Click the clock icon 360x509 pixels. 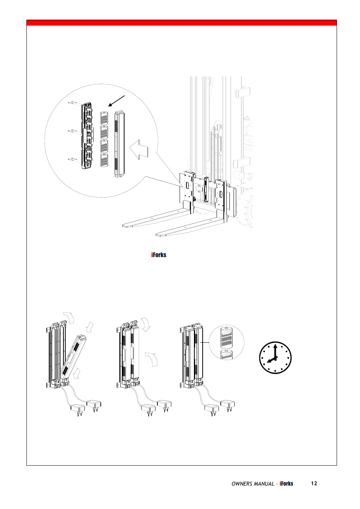pos(275,357)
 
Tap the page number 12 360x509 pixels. pos(314,483)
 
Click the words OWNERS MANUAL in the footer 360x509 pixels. pos(252,484)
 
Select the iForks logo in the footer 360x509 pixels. pos(286,484)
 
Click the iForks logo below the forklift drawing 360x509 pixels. pos(158,255)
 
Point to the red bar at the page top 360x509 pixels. pos(182,23)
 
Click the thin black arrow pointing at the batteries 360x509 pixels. pos(116,101)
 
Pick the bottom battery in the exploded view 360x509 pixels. pos(104,160)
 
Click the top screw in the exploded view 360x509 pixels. pos(72,103)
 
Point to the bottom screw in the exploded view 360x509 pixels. pos(72,159)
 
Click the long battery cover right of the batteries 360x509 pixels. pos(119,144)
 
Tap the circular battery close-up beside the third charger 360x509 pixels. pos(226,342)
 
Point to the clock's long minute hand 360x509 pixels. pos(275,351)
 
